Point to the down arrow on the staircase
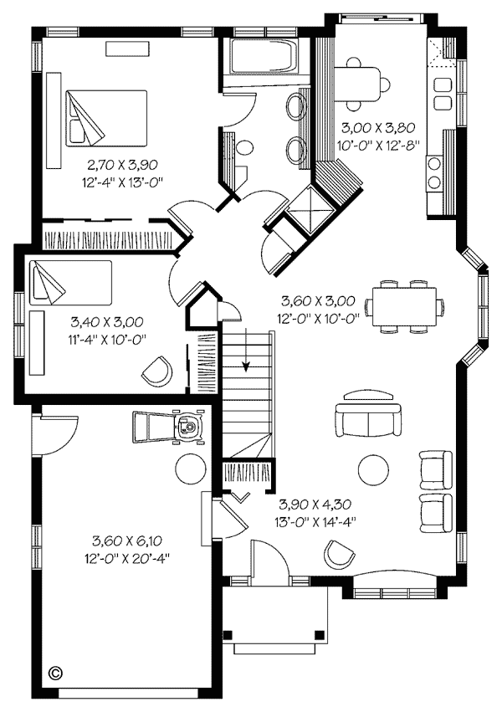coord(246,350)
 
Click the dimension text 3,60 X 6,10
coord(127,540)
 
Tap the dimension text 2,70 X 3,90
coord(122,164)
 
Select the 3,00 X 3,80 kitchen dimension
coord(378,128)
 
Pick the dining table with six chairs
coord(404,306)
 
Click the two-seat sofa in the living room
coord(368,420)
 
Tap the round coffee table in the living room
coord(373,470)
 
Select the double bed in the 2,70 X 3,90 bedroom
coord(106,118)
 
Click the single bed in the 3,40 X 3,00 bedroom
coord(70,282)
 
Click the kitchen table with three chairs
coord(361,84)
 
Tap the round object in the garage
coord(190,469)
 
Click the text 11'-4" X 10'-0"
coord(110,339)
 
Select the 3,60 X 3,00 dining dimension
coord(318,300)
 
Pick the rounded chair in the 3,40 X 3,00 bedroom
coord(157,371)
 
